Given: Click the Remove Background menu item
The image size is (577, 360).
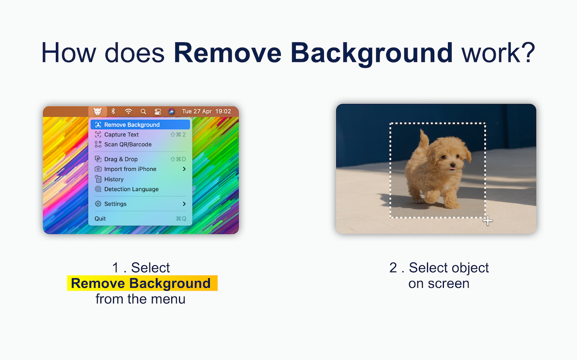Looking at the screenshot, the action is coord(140,125).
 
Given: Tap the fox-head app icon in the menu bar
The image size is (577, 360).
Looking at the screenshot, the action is coord(97,111).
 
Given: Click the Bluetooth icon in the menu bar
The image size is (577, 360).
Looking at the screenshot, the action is coord(113,111).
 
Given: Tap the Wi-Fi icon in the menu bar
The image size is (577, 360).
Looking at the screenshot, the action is coord(128,111).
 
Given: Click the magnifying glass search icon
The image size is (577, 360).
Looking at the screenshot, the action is coord(143,111).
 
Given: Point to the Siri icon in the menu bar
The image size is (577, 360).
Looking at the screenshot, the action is coord(172,111).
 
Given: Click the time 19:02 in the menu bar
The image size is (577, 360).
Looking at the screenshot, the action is coord(223,111).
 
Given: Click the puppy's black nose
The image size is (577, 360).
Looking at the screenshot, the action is coord(453,165).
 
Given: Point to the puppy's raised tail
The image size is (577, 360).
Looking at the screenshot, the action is coord(423,139).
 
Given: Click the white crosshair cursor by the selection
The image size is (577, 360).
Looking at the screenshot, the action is coord(487,221).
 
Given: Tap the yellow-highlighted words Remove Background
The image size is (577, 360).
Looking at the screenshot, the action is coord(141,283).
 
